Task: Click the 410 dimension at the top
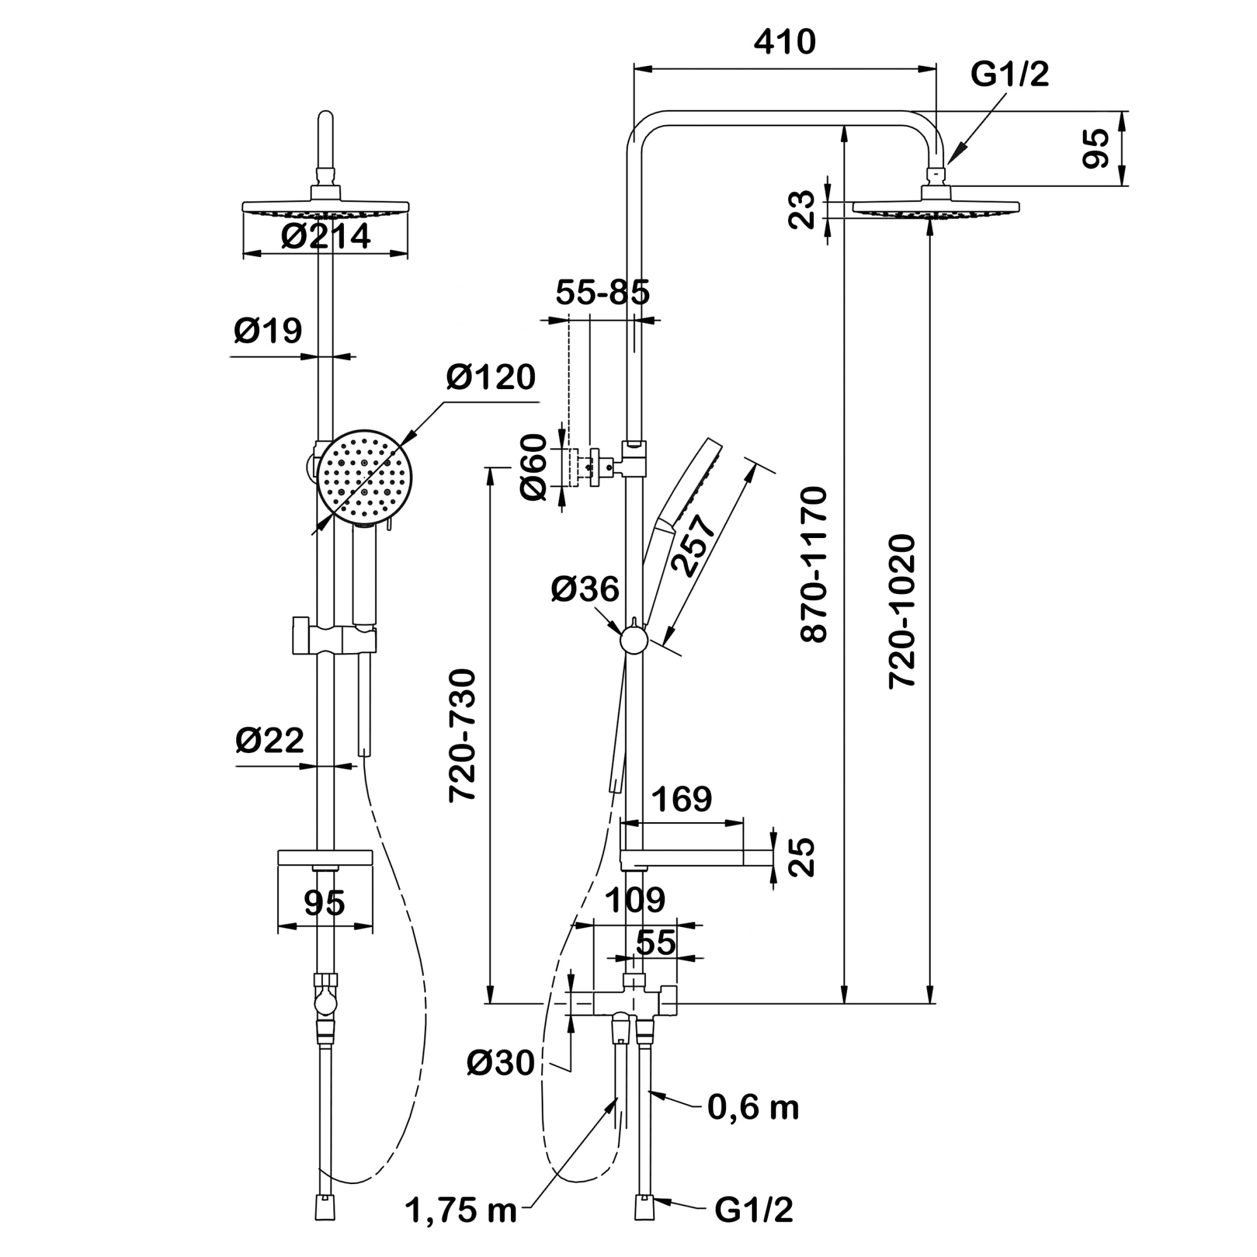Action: pyautogui.click(x=784, y=42)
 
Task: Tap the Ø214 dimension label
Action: pyautogui.click(x=326, y=236)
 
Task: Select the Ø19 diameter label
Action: pyautogui.click(x=268, y=331)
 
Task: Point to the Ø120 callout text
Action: pyautogui.click(x=491, y=377)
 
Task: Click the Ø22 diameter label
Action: pyautogui.click(x=270, y=740)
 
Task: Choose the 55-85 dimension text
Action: pyautogui.click(x=603, y=293)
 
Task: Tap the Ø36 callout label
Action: pyautogui.click(x=585, y=590)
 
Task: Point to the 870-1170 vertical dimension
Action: pyautogui.click(x=814, y=565)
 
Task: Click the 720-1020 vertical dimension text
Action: pyautogui.click(x=903, y=612)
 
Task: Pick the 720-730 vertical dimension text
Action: pyautogui.click(x=463, y=736)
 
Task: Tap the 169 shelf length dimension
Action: pyautogui.click(x=682, y=799)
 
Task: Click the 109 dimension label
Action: pyautogui.click(x=635, y=901)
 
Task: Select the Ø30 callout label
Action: pyautogui.click(x=500, y=1064)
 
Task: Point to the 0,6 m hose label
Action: pyautogui.click(x=754, y=1107)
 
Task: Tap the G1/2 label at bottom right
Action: pyautogui.click(x=754, y=1210)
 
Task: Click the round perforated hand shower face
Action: pyautogui.click(x=366, y=475)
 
